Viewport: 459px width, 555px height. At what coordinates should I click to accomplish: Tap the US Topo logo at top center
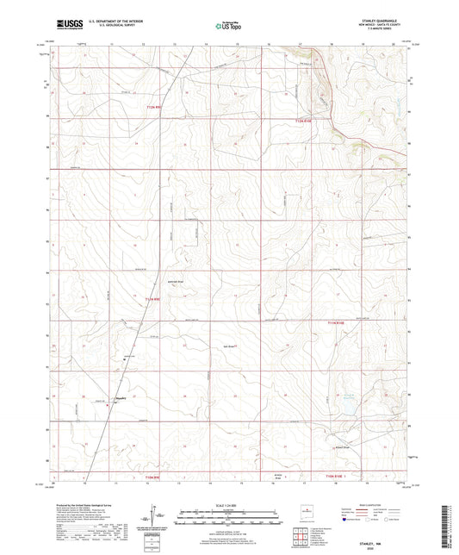[x=226, y=28]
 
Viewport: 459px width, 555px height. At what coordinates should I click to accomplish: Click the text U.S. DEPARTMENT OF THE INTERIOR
[x=111, y=24]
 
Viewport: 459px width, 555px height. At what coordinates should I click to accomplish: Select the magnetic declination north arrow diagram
[x=158, y=517]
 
